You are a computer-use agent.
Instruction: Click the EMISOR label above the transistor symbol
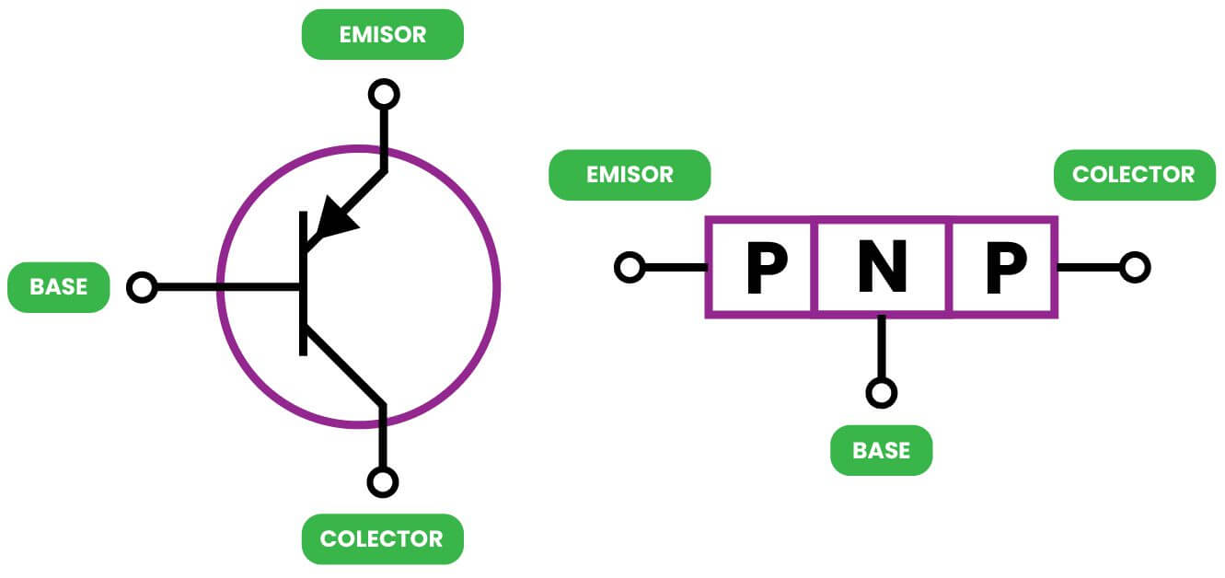pos(383,35)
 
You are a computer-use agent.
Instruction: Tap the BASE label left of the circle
pos(58,287)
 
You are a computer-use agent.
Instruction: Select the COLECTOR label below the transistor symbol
pos(382,538)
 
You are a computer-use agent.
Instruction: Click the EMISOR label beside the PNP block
pos(630,175)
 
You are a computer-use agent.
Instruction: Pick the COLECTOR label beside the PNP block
pos(1134,175)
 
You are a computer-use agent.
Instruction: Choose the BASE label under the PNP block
pos(881,451)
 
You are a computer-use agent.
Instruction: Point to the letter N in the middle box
pos(882,268)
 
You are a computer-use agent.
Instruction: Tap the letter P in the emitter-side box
pos(766,268)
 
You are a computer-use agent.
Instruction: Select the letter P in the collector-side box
pos(1006,268)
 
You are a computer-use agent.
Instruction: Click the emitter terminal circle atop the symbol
pos(383,94)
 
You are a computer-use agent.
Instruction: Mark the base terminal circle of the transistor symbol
pos(142,287)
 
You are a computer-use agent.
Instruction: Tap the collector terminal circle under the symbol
pos(383,481)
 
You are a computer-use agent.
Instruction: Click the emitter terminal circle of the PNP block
pos(630,268)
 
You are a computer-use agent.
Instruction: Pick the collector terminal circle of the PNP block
pos(1135,268)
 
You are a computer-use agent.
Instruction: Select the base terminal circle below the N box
pos(881,393)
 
